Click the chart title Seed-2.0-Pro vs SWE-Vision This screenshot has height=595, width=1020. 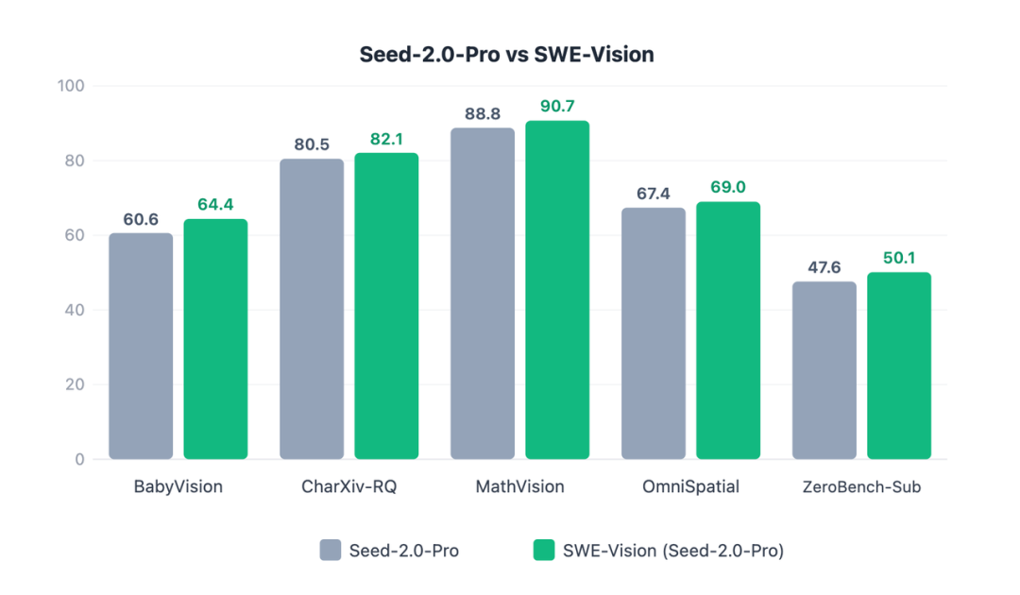[506, 55]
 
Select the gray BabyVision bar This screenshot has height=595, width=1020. [141, 346]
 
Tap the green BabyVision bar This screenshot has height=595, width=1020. [215, 339]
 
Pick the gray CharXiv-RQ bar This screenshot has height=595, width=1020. [312, 309]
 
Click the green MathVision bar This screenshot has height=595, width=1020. [557, 290]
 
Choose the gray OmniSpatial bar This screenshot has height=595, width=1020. [654, 333]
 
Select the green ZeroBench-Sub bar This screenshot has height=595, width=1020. [898, 365]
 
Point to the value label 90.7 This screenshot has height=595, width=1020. [557, 107]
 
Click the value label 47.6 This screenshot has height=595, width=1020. [824, 267]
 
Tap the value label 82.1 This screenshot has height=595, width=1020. [386, 139]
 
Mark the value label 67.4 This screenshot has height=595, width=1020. [654, 194]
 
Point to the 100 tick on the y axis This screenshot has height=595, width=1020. [71, 86]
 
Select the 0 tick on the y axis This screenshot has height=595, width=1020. [78, 460]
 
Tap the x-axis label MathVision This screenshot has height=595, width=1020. [519, 487]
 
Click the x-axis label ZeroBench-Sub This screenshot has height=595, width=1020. [860, 487]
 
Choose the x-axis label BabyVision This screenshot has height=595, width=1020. [178, 487]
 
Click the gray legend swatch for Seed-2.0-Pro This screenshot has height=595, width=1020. [331, 550]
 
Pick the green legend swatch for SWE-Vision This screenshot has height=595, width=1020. [544, 550]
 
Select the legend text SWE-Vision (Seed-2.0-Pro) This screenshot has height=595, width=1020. [672, 550]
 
